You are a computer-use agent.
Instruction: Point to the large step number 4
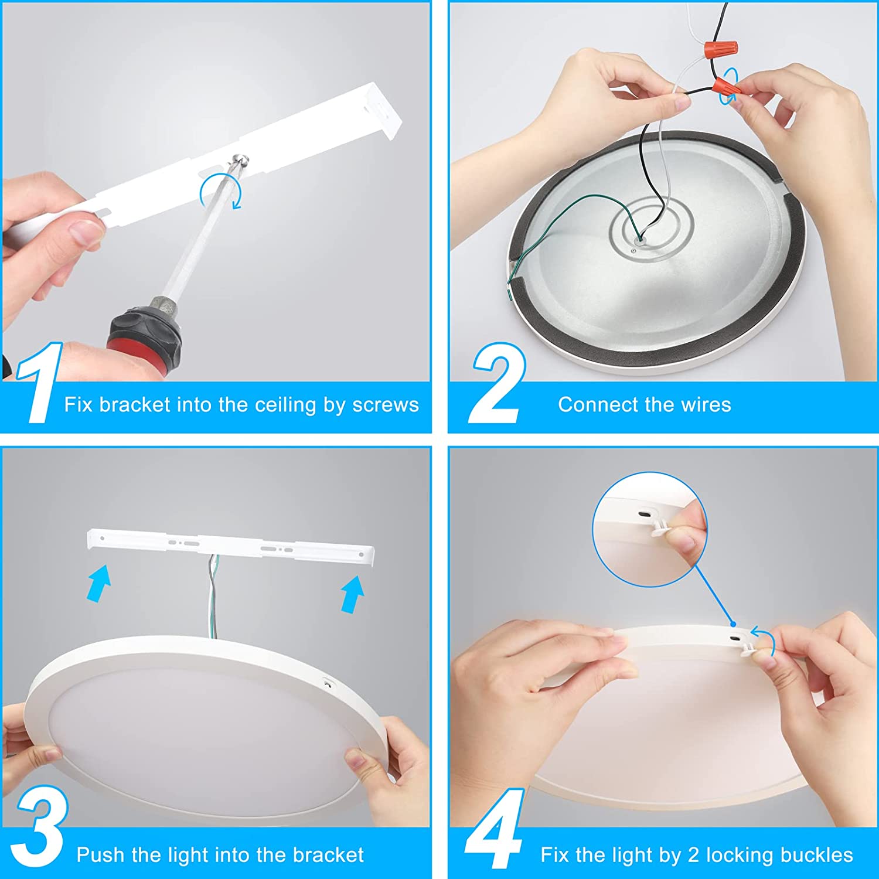pos(494,828)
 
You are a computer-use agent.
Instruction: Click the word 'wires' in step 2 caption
pos(706,404)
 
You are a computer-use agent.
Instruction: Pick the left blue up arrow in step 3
pos(98,583)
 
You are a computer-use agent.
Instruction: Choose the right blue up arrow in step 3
pos(353,593)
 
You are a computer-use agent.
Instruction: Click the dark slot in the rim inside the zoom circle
pos(643,514)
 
